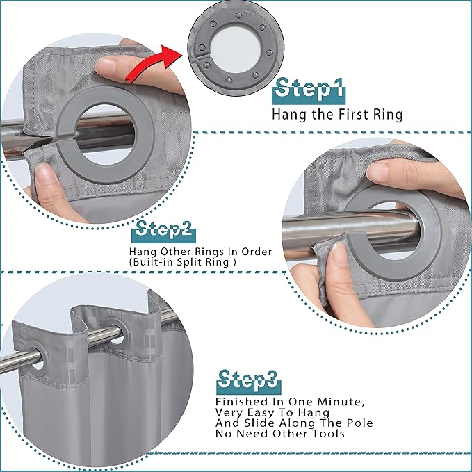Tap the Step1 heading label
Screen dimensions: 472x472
pyautogui.click(x=309, y=90)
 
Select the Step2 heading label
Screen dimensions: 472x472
pyautogui.click(x=164, y=231)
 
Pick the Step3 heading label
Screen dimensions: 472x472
pyautogui.click(x=248, y=382)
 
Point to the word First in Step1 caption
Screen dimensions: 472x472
pyautogui.click(x=353, y=114)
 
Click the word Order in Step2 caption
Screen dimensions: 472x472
pyautogui.click(x=257, y=252)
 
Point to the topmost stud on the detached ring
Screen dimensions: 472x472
pyautogui.click(x=238, y=15)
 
